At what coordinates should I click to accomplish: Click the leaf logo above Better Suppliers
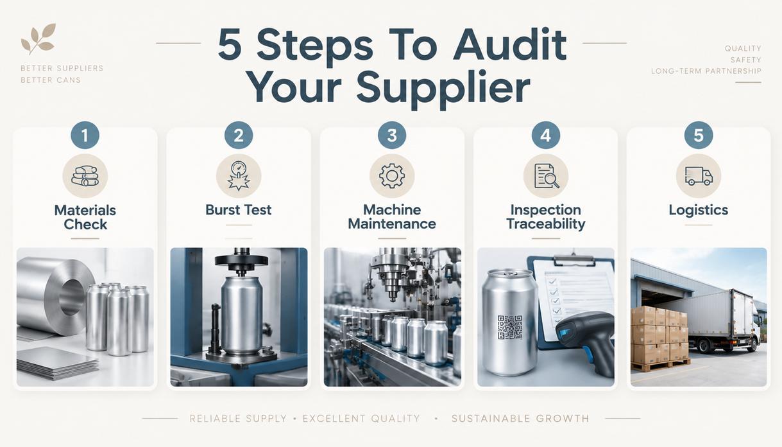38,39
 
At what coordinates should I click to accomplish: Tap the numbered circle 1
85,136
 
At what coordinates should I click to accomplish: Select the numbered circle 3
392,136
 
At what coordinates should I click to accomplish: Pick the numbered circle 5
698,136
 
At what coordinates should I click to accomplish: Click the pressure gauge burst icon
239,176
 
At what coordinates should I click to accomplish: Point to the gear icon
392,176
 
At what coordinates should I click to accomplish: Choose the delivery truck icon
698,176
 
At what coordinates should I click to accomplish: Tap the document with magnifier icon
546,176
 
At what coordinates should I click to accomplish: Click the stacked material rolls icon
85,176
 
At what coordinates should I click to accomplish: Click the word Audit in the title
509,45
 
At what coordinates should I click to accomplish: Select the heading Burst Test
239,210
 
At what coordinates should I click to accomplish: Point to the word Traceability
546,224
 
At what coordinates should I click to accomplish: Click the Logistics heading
698,210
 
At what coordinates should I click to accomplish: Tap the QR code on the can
510,327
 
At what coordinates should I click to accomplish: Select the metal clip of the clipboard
574,259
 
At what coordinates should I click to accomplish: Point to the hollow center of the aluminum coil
72,297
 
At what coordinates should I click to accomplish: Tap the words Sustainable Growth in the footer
520,418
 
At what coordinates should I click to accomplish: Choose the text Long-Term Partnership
706,71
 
